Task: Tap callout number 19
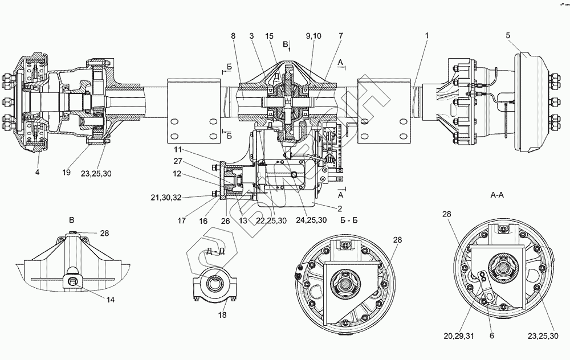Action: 67,172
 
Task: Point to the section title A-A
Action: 498,194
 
